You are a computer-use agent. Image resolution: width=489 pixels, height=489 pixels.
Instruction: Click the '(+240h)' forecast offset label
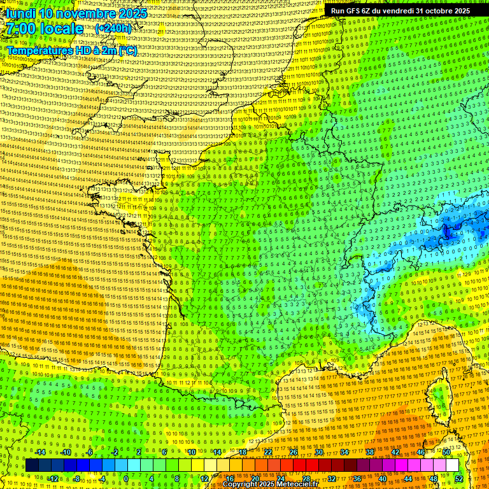tap(113, 29)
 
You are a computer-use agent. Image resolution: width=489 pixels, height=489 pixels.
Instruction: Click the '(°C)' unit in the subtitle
tap(127, 50)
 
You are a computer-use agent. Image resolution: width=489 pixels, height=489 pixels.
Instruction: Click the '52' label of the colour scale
tap(458, 478)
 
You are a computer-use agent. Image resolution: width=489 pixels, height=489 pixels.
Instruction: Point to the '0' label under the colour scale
tap(126, 478)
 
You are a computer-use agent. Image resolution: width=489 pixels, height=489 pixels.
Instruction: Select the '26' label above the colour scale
tap(294, 452)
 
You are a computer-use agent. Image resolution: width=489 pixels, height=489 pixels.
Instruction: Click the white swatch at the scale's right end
tap(452, 465)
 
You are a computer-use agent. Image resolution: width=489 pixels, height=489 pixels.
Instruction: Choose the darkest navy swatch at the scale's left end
tap(32, 465)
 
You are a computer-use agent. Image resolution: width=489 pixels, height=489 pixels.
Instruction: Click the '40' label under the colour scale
tap(382, 478)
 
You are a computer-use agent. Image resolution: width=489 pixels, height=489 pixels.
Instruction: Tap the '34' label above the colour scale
tap(344, 452)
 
